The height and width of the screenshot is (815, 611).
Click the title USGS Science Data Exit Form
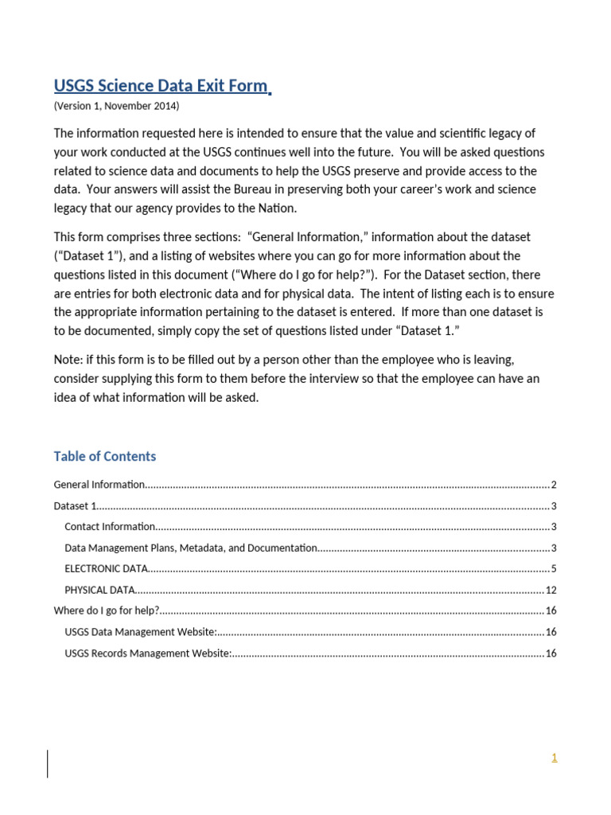[x=161, y=86]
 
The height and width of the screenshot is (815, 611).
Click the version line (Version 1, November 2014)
[x=116, y=106]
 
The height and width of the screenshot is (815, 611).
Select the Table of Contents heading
[x=104, y=456]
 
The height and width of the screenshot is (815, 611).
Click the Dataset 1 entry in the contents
[x=75, y=505]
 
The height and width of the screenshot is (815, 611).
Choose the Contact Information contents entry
[x=110, y=526]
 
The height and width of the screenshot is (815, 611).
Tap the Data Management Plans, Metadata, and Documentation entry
[x=191, y=548]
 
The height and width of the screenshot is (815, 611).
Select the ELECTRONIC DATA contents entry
[x=106, y=568]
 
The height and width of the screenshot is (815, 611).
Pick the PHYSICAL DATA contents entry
[x=99, y=590]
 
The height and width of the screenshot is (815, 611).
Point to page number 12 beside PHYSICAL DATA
[x=551, y=590]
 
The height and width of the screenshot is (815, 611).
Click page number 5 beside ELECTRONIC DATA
[x=554, y=568]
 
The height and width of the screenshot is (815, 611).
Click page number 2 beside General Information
[x=554, y=485]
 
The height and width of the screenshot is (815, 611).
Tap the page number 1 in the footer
[x=554, y=758]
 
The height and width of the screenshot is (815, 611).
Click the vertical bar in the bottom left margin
[x=48, y=763]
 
